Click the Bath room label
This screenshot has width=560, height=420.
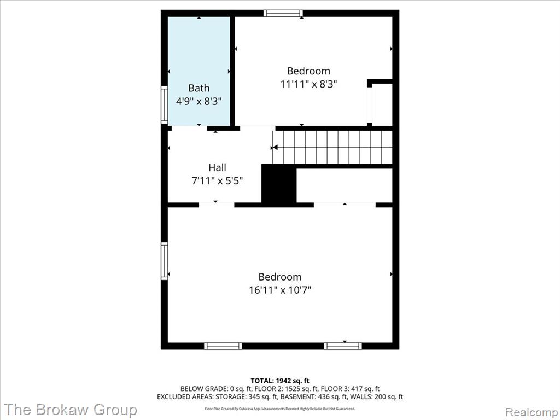coord(199,88)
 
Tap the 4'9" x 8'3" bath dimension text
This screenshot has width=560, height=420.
coord(199,101)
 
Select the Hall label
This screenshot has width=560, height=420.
coord(217,167)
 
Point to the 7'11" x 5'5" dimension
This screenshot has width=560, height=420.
coord(217,180)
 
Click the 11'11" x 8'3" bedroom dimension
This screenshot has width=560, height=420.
coord(308,84)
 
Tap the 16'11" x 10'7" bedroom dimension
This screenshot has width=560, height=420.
coord(280,290)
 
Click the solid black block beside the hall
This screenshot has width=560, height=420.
coord(279,184)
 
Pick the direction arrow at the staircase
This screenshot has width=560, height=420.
coord(275,148)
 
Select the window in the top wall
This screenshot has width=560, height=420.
coord(283,14)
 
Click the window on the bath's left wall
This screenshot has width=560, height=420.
coord(164,104)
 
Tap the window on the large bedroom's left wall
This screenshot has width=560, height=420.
coord(164,261)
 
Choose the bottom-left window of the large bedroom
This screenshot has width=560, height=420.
coord(223,346)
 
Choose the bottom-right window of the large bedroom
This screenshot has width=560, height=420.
coord(343,346)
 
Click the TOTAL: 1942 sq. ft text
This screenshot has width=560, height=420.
coord(280,381)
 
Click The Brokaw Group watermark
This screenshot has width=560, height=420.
coord(71,410)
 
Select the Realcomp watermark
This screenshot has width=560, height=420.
coord(532,412)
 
